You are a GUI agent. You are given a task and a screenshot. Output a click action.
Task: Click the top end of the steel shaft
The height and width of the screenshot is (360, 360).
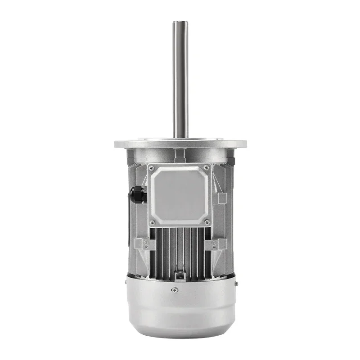[x=180, y=22]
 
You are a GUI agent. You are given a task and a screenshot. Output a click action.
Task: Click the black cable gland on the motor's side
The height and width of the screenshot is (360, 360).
[x=137, y=194]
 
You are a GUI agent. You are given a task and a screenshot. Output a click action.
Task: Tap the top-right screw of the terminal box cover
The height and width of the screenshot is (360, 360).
[x=207, y=168]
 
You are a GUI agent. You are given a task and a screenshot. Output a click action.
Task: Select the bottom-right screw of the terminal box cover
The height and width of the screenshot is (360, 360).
[x=207, y=222]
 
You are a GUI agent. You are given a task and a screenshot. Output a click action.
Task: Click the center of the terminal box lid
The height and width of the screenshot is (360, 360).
[x=180, y=195]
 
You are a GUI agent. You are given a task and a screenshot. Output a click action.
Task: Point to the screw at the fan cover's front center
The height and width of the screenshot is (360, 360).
[x=175, y=290]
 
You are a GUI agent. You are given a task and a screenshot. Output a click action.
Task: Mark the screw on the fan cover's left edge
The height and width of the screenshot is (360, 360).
[x=125, y=283]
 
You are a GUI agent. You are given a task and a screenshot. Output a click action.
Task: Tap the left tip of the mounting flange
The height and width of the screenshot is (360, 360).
[x=115, y=144]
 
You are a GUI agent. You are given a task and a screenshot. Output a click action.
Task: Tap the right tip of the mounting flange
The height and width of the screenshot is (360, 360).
[x=246, y=144]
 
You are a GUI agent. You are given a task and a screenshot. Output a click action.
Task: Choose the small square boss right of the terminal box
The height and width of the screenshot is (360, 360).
[x=222, y=198]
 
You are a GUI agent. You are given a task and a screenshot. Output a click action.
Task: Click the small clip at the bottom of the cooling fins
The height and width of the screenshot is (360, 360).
[x=180, y=274]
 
